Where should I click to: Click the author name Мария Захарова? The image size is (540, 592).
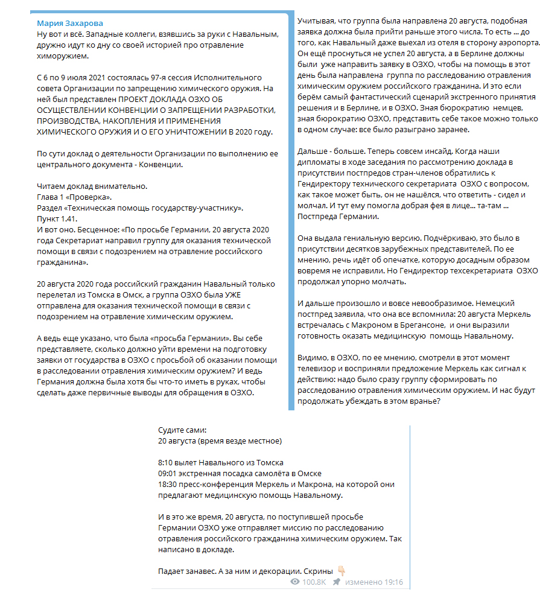[69, 24]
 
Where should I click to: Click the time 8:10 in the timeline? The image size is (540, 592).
[165, 462]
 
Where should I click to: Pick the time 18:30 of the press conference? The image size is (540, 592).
[168, 484]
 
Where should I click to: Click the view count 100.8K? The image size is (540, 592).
[314, 582]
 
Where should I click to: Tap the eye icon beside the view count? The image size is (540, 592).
[295, 582]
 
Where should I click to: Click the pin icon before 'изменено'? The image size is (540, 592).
[336, 582]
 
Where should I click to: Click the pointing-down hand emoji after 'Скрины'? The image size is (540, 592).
[341, 570]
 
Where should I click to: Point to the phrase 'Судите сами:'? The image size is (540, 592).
[182, 430]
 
